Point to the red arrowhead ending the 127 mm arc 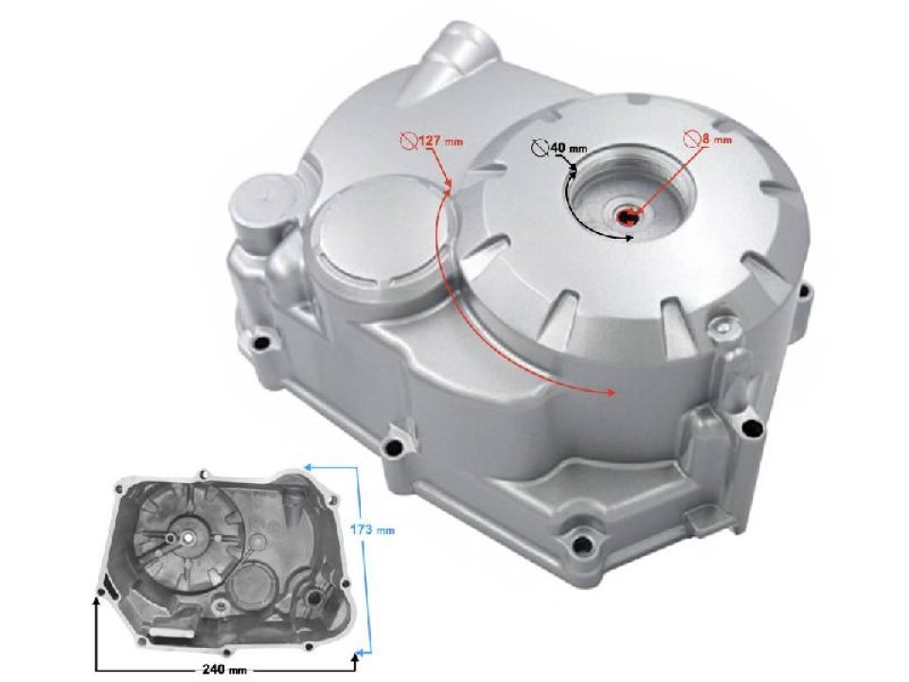coord(612,390)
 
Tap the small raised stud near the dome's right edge coord(725,328)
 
